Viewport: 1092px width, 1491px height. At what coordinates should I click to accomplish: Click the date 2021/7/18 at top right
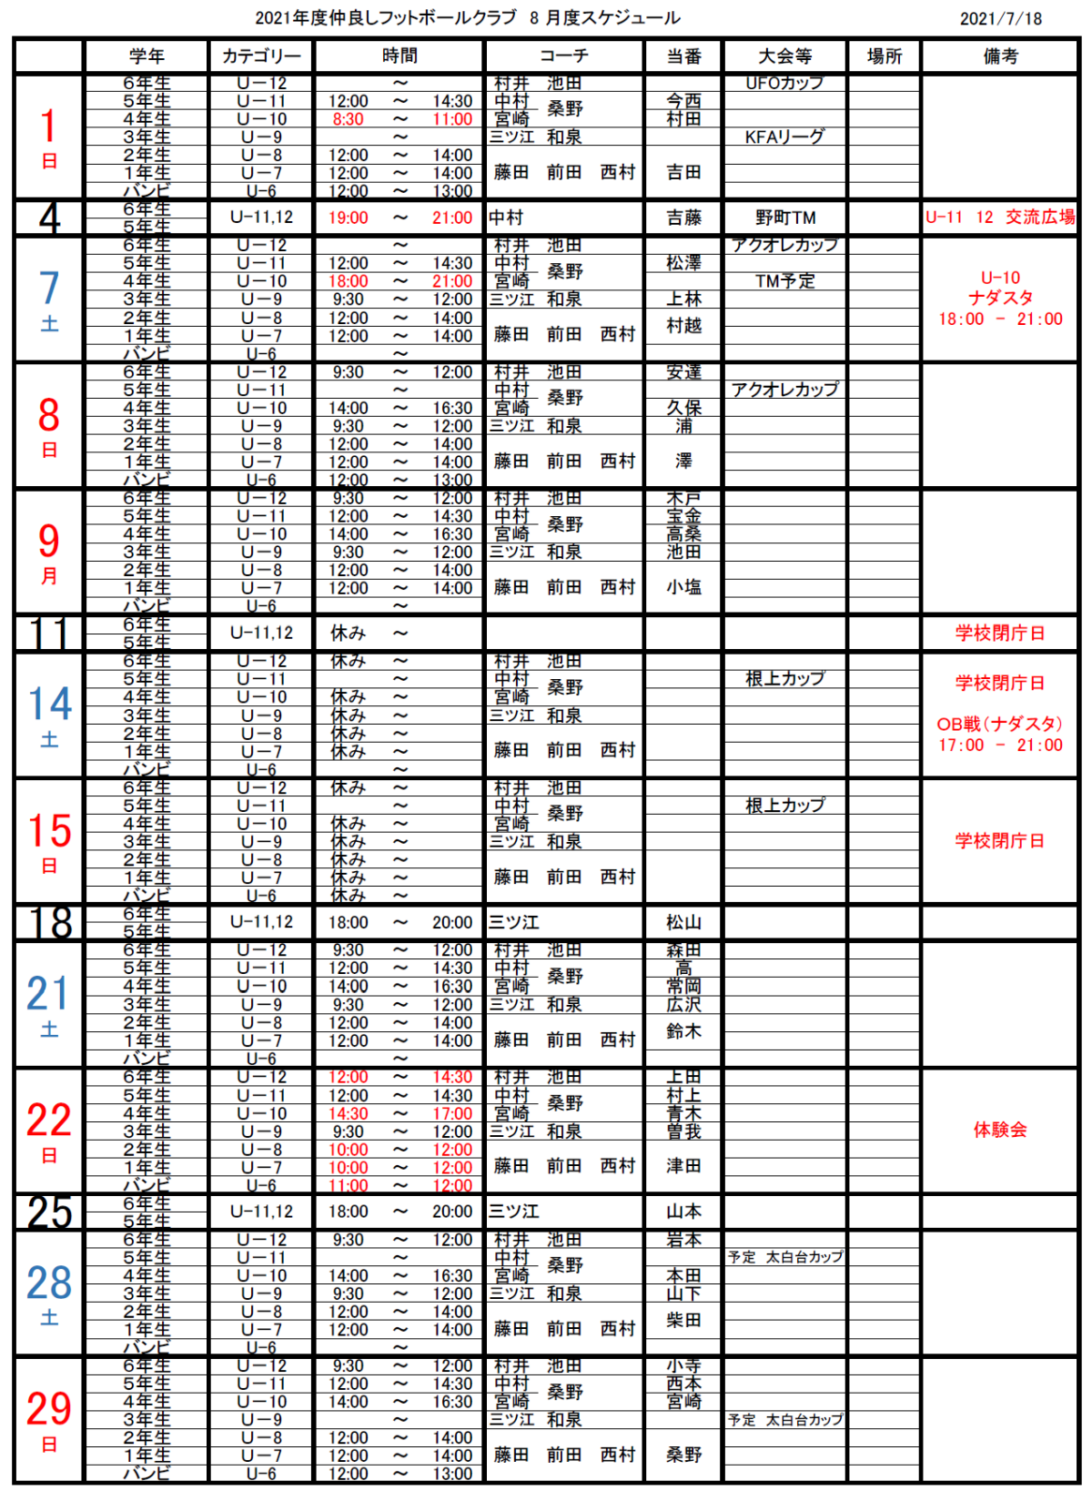1001,18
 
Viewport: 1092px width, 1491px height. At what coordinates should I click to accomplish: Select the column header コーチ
564,56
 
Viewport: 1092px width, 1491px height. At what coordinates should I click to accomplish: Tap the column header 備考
1000,56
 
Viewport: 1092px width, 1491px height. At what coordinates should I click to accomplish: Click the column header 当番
683,56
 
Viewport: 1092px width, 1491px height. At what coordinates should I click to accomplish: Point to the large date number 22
49,1121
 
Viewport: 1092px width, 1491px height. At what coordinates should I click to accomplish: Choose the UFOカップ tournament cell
784,83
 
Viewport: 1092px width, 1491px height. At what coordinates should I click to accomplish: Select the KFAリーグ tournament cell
784,137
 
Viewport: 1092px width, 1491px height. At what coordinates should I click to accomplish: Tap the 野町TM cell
784,218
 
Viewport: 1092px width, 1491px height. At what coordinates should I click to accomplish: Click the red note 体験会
1000,1130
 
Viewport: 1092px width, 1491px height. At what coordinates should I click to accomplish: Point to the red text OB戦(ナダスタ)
1000,725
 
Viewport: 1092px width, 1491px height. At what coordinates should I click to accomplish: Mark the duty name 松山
683,922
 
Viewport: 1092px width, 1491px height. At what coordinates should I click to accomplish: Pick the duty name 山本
683,1212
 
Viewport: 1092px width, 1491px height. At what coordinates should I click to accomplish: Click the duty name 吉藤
683,218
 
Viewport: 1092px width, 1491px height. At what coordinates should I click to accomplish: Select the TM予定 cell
784,281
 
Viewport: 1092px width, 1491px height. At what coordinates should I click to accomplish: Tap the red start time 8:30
348,119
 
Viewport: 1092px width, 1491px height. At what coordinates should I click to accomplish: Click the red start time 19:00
348,218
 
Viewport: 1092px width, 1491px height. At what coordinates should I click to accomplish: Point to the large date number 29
49,1410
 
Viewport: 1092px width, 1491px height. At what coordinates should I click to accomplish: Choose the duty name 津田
683,1166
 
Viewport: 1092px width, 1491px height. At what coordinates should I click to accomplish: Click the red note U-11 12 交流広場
1000,218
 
